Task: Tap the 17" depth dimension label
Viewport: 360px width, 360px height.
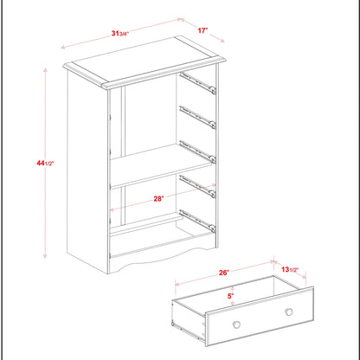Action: point(202,31)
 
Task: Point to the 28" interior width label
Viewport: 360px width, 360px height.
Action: point(159,198)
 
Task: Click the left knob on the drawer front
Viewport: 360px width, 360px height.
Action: point(236,325)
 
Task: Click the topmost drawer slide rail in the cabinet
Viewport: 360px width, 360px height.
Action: point(198,84)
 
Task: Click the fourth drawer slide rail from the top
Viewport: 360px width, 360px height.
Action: point(197,185)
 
